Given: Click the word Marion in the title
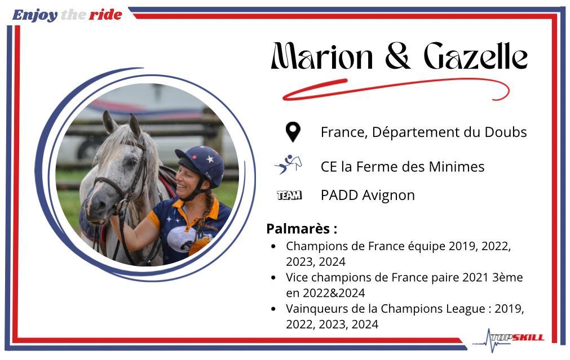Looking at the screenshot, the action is tap(322, 56).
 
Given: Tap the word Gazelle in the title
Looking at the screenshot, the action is tap(476, 56).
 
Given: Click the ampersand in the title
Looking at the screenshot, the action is tap(398, 56).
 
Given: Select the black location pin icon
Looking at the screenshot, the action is tap(293, 132).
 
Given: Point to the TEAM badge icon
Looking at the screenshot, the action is tap(289, 195).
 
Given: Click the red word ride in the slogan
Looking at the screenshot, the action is tap(105, 15).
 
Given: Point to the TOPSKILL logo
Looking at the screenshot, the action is tap(509, 339).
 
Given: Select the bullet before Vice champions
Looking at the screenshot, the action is tap(274, 278).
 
